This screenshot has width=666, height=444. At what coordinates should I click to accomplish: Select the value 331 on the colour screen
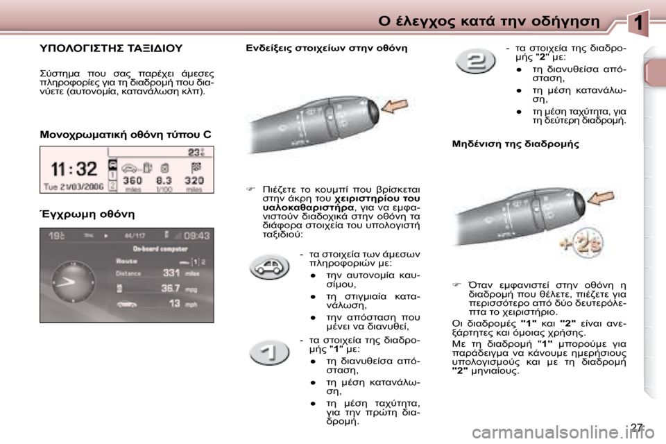[171, 273]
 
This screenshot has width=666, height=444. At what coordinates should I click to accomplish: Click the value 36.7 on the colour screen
[171, 288]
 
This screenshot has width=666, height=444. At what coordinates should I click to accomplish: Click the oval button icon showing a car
[270, 266]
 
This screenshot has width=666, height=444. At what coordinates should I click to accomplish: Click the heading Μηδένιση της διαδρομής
[515, 144]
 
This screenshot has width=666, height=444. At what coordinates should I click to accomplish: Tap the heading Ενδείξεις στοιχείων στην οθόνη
[327, 49]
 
